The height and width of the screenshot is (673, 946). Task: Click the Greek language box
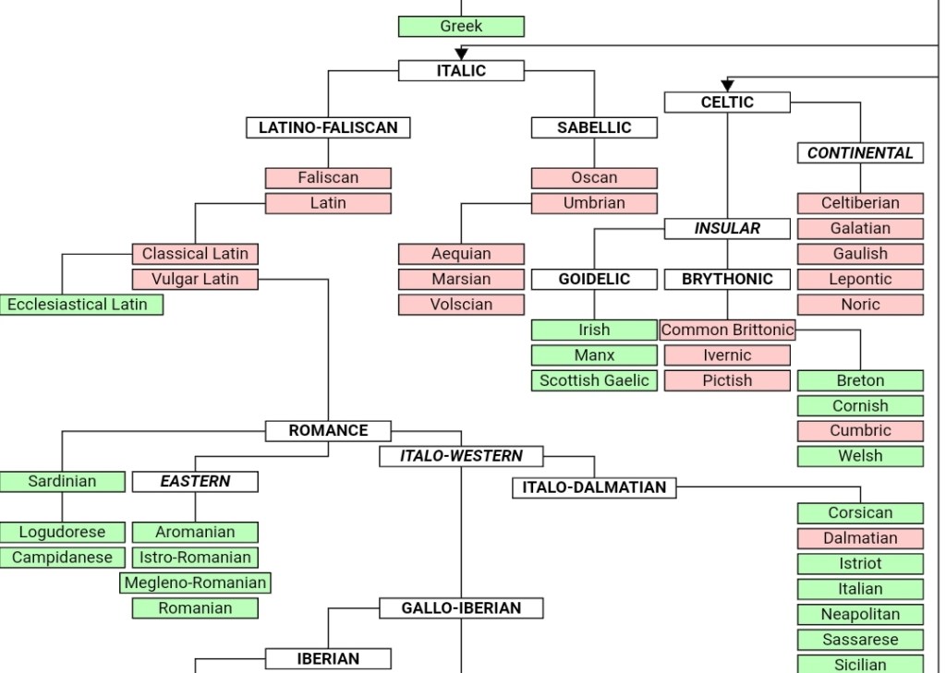pos(461,27)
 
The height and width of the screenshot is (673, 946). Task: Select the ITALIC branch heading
pos(461,70)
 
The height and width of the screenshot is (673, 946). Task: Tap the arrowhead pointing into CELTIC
pos(727,86)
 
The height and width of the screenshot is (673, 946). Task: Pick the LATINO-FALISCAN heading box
pos(328,128)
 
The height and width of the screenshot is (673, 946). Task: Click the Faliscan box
pos(328,177)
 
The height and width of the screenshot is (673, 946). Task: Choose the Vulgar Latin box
pos(195,279)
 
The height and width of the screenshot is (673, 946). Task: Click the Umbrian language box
pos(594,203)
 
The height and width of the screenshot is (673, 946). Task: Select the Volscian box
pos(461,305)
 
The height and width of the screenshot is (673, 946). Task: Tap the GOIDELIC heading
pos(594,279)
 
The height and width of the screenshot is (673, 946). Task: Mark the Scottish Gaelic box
pos(594,380)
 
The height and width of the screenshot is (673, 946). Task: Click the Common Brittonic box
pos(727,330)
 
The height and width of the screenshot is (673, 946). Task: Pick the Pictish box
pos(727,380)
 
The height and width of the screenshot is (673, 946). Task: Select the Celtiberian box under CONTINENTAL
pos(860,203)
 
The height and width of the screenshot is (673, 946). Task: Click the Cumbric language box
pos(860,430)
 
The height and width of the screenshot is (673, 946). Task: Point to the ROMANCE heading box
pos(328,430)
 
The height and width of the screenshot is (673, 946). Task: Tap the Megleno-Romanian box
pos(195,583)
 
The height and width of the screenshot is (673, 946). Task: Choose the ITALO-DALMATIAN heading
pos(594,487)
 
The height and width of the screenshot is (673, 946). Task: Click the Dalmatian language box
pos(860,538)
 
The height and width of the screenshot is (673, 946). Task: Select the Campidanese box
pos(62,558)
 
